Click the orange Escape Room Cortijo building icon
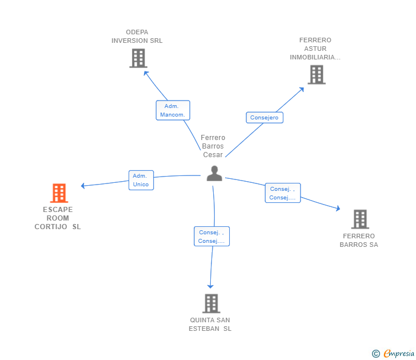coord(59,193)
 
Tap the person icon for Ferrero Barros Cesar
coord(214,173)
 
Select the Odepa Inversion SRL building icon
coord(138,58)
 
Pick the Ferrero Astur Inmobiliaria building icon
coord(316,75)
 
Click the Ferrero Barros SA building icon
coord(359,219)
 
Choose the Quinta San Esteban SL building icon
coord(211,303)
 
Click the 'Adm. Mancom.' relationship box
coord(173,110)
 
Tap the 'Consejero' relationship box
coord(265,118)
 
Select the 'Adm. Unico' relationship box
coord(141,180)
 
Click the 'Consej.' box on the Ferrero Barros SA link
coord(282,193)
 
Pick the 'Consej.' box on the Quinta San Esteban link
coord(211,237)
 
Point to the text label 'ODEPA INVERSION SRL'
coord(137,37)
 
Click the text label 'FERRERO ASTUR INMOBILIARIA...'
coord(315,49)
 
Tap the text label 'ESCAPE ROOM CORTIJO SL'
coord(58,218)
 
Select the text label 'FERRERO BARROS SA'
coord(359,240)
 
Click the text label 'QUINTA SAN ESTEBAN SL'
coord(210,324)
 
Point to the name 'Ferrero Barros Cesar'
coord(213,146)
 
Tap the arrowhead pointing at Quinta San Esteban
coord(210,285)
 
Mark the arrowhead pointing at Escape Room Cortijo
coord(83,186)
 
